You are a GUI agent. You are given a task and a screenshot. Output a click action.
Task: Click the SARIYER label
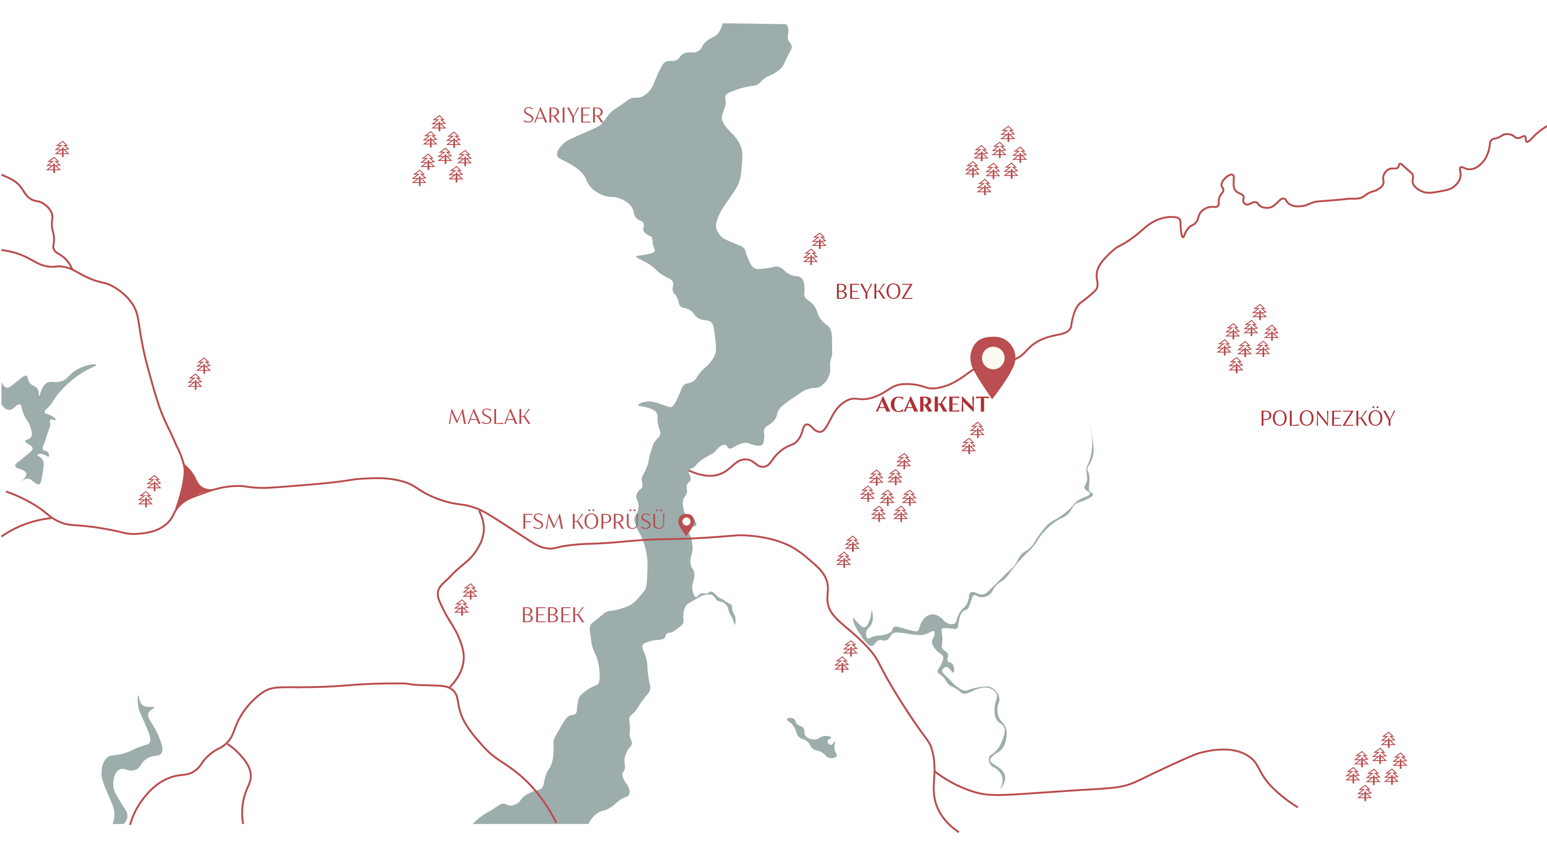pos(563,115)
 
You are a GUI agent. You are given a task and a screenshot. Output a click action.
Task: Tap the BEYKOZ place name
pos(874,292)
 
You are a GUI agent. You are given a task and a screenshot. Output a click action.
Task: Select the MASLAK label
pos(490,416)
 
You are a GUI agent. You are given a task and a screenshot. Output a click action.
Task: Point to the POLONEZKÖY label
pos(1327,418)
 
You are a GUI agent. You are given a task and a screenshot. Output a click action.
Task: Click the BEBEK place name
pos(553,615)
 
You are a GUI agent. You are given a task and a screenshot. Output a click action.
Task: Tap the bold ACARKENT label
pos(931,405)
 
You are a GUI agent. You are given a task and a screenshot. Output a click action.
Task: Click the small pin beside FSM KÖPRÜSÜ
pos(686,524)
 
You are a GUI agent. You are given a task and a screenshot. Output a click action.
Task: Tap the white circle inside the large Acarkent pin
pos(993,358)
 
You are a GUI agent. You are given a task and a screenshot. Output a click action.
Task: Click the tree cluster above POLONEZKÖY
pos(1248,338)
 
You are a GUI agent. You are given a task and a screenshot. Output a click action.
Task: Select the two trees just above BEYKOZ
pos(815,249)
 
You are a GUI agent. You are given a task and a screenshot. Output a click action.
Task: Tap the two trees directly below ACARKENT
pos(973,438)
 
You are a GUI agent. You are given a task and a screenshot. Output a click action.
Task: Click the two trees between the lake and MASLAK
pos(199,373)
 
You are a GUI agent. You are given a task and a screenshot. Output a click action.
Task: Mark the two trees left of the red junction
pos(149,491)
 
